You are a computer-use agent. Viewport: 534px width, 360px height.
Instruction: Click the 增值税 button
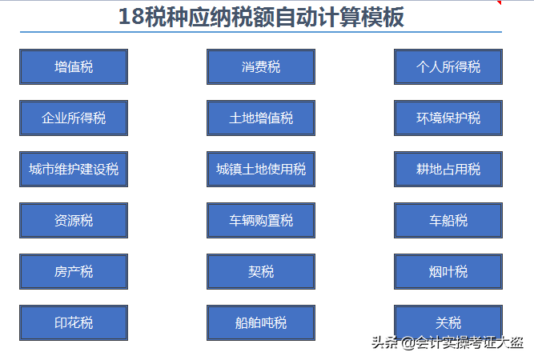point(74,67)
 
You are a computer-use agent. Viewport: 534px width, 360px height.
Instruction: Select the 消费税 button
point(261,67)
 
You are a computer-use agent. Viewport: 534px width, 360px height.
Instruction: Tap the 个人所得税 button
point(448,67)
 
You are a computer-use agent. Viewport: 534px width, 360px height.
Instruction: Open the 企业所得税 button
point(74,118)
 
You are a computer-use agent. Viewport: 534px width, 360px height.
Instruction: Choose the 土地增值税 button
point(261,118)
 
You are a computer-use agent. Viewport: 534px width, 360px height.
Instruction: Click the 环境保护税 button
point(448,118)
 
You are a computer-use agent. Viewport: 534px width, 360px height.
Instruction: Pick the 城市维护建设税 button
point(74,170)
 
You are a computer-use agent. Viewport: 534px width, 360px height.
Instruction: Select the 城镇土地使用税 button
point(261,170)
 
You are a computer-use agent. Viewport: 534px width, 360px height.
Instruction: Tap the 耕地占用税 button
point(448,170)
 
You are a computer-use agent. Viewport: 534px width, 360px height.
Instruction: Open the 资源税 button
point(74,221)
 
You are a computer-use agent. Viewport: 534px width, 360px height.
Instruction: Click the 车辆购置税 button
point(261,221)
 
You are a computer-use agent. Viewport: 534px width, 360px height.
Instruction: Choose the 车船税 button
point(448,221)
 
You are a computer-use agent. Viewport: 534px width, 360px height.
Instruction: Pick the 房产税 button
point(74,272)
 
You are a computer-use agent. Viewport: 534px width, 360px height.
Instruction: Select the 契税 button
point(261,272)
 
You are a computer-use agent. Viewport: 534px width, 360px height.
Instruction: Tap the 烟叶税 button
point(448,272)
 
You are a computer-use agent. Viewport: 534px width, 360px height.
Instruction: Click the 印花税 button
point(74,323)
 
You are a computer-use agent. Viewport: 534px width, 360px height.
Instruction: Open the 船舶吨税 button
point(261,323)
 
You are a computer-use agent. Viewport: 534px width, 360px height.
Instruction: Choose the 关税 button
point(448,323)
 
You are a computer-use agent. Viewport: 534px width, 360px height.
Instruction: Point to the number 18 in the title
point(132,17)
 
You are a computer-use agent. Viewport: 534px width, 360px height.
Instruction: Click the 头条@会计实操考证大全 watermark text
point(448,343)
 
